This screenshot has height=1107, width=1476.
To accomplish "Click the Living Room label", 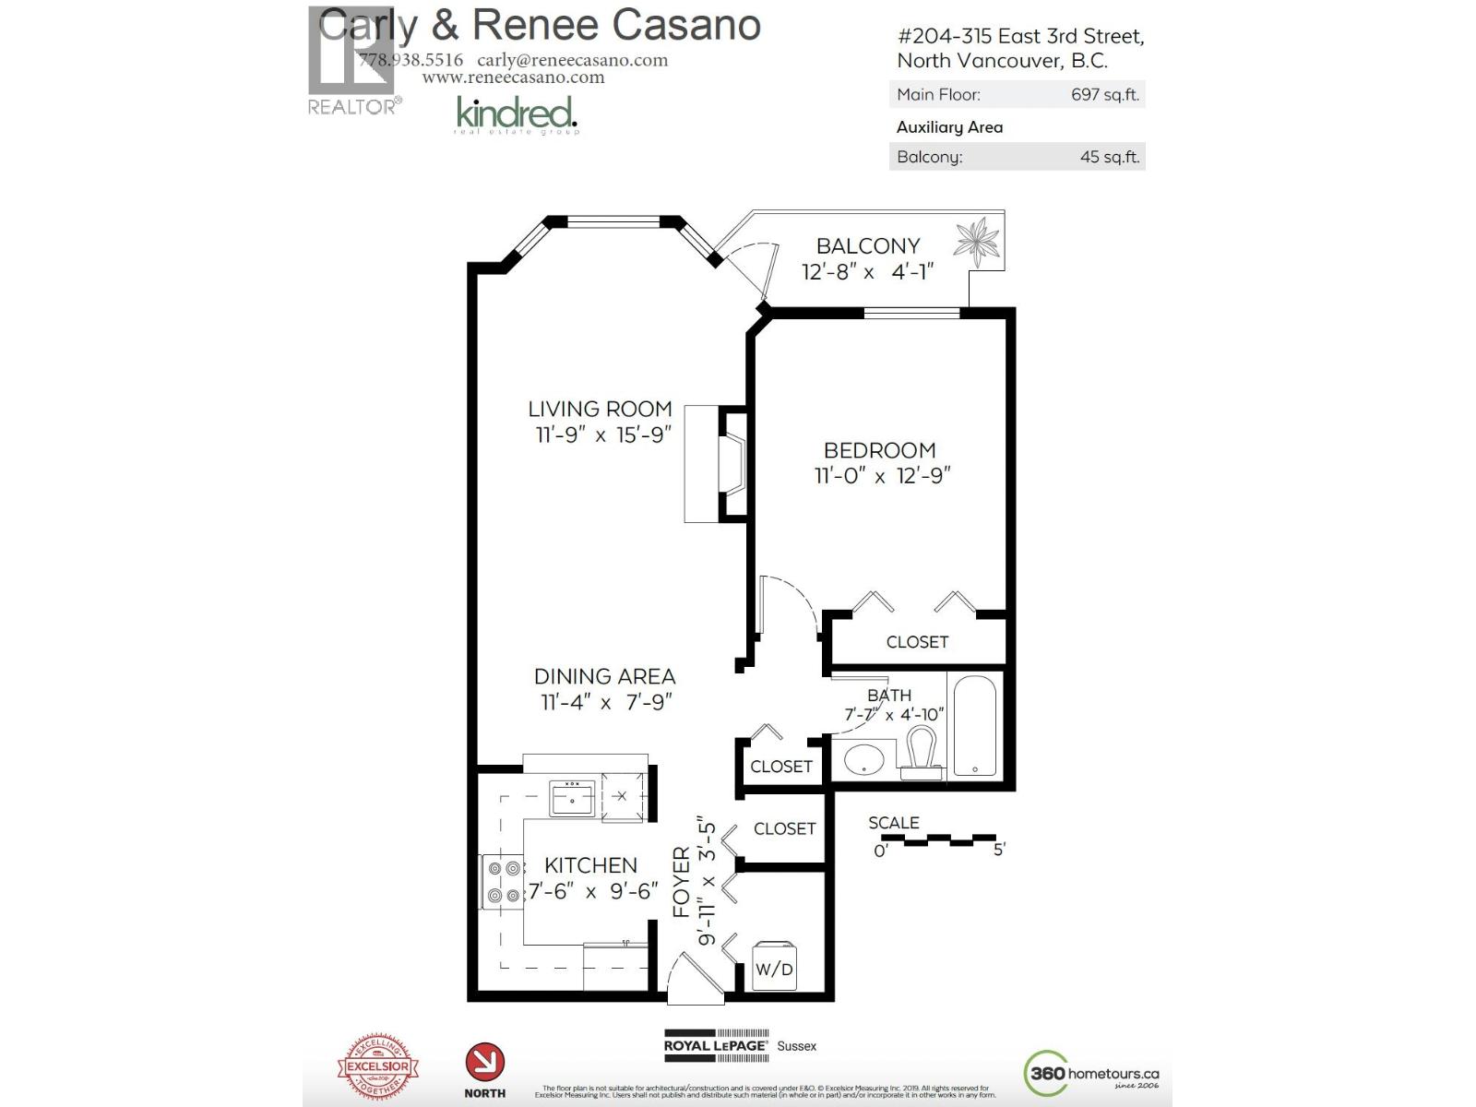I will pyautogui.click(x=600, y=409).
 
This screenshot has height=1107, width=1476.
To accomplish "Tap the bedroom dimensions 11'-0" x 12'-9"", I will pyautogui.click(x=882, y=476).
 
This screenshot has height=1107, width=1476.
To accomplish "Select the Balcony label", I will pyautogui.click(x=867, y=246).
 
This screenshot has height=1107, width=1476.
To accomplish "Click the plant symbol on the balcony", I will pyautogui.click(x=977, y=242).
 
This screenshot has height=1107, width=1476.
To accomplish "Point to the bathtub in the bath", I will pyautogui.click(x=973, y=727).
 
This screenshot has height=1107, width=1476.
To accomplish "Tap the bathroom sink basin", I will pyautogui.click(x=864, y=761).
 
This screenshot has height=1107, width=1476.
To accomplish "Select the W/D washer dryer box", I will pyautogui.click(x=773, y=967).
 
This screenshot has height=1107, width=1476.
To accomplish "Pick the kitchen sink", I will pyautogui.click(x=572, y=797).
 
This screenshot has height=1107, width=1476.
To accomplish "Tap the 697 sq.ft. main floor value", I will pyautogui.click(x=1104, y=94).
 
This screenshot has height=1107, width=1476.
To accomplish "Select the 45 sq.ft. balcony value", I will pyautogui.click(x=1109, y=157).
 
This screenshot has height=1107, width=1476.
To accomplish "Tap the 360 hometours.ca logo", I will pyautogui.click(x=1092, y=1073).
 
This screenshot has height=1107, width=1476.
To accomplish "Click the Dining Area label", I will pyautogui.click(x=604, y=676).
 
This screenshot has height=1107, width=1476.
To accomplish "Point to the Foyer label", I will pyautogui.click(x=681, y=882).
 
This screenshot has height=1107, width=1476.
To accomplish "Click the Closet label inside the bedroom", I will pyautogui.click(x=917, y=642).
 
